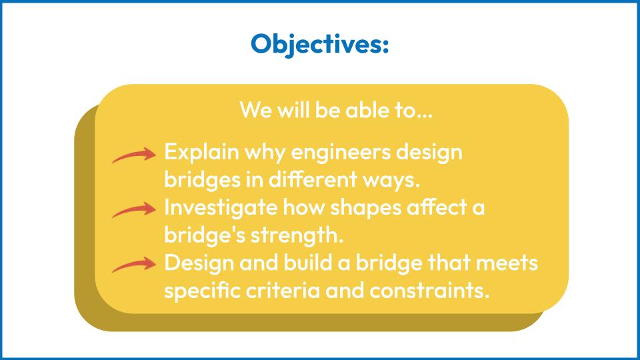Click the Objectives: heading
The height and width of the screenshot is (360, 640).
(x=319, y=44)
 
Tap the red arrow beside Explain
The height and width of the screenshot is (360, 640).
(x=134, y=155)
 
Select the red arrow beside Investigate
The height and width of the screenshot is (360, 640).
(x=134, y=210)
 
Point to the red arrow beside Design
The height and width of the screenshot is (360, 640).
(x=134, y=265)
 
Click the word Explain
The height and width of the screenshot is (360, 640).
(x=201, y=153)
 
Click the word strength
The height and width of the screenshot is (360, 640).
(x=297, y=235)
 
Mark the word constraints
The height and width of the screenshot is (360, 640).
(x=429, y=291)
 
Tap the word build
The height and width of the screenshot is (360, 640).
(x=308, y=263)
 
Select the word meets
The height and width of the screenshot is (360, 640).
(x=507, y=263)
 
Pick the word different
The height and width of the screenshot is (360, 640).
(x=313, y=179)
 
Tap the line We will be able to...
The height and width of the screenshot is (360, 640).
(x=336, y=110)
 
